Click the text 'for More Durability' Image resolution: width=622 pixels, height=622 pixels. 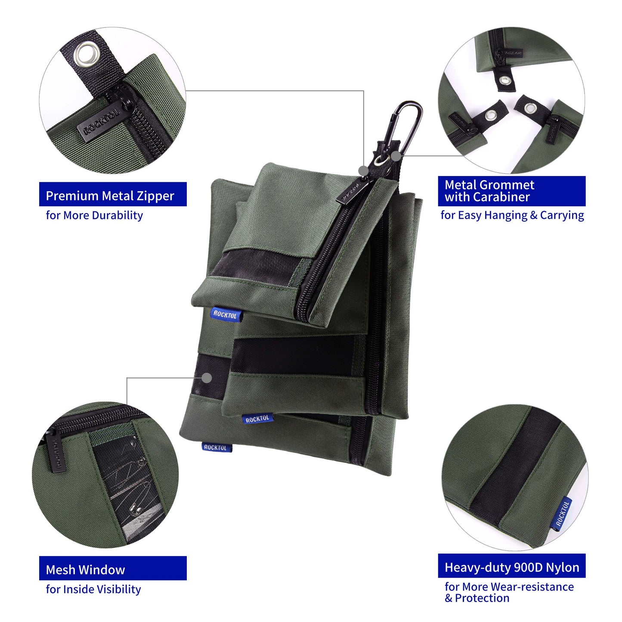[x=94, y=215]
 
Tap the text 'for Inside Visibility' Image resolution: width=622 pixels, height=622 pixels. [x=93, y=589]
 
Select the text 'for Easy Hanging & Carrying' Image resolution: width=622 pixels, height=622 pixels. [x=512, y=215]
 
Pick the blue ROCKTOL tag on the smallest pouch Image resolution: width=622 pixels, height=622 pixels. [x=225, y=315]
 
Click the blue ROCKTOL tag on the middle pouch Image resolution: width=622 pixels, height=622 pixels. [x=257, y=419]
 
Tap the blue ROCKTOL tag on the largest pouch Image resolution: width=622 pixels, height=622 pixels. [x=216, y=448]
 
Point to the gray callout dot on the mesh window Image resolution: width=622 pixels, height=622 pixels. [x=207, y=378]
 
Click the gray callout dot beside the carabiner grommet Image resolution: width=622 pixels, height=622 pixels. [x=396, y=156]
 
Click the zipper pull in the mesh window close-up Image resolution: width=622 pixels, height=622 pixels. [x=55, y=452]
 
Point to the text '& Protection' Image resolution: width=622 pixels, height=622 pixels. [x=477, y=598]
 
